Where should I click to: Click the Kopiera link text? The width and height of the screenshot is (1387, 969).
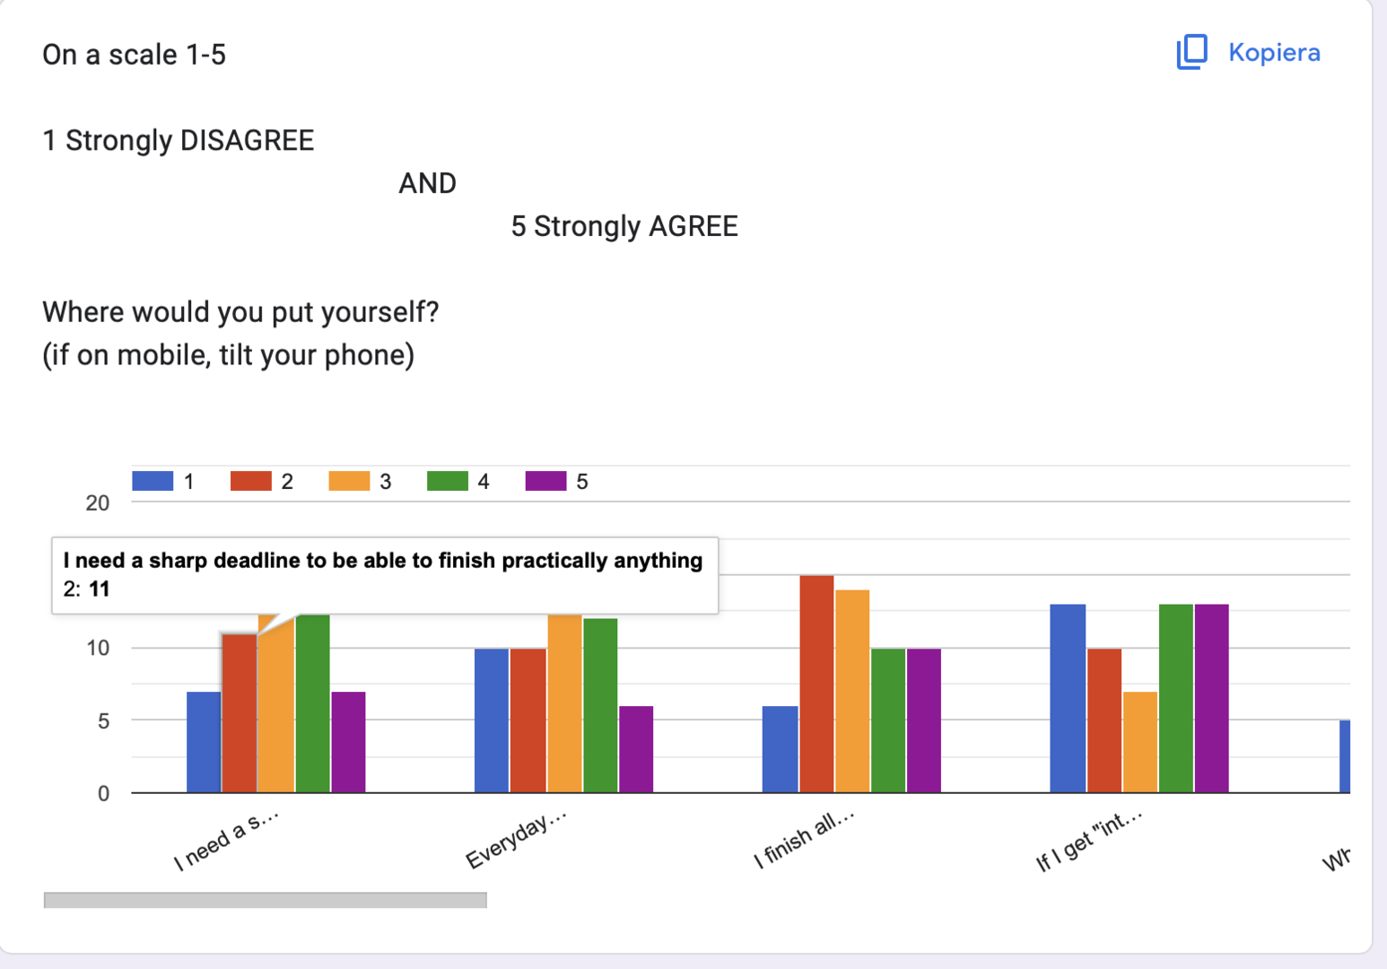tap(1274, 53)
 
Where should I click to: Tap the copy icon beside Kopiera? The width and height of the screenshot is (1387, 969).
tap(1191, 52)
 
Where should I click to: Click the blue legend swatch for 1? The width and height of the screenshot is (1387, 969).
tap(153, 481)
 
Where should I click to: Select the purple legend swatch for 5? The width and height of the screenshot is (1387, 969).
tap(545, 481)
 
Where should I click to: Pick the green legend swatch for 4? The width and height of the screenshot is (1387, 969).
tap(447, 481)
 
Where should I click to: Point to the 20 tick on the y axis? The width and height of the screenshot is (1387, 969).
tap(98, 503)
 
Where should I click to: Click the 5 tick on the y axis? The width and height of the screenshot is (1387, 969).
tap(103, 721)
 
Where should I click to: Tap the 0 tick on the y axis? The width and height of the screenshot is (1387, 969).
tap(103, 794)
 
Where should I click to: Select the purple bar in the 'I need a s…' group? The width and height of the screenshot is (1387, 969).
tap(348, 742)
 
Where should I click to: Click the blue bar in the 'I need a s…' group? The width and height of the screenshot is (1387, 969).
tap(204, 742)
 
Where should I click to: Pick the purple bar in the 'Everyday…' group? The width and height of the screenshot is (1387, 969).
tap(636, 749)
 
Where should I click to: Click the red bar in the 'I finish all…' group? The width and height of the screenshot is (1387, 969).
tap(816, 684)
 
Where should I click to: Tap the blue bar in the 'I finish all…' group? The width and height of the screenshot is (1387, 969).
tap(780, 749)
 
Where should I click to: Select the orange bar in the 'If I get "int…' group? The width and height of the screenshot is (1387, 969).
tap(1139, 742)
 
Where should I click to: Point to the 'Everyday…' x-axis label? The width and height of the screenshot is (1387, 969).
tap(516, 840)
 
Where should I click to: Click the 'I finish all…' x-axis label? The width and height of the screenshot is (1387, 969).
tap(804, 839)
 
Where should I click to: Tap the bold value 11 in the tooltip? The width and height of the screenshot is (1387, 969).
tap(99, 589)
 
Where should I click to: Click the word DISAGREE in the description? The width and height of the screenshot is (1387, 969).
tap(247, 141)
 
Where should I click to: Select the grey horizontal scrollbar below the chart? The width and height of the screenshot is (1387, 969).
tap(265, 900)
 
